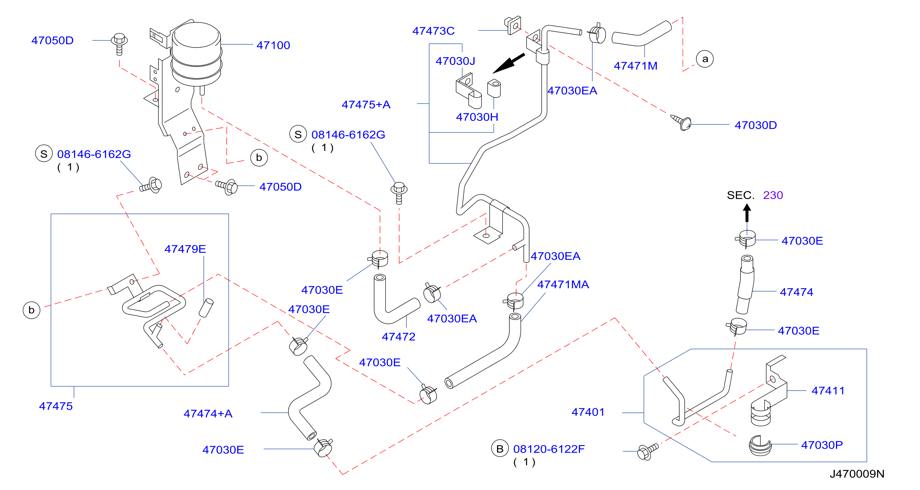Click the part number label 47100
tap(273, 45)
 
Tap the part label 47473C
tap(433, 31)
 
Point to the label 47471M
tap(635, 66)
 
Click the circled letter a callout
tap(705, 59)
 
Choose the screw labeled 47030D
tap(681, 122)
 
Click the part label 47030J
tap(455, 61)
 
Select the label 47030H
tap(477, 117)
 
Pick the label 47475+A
tap(366, 104)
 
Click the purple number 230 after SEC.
tap(773, 195)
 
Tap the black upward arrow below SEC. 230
tap(747, 213)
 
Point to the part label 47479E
tap(185, 249)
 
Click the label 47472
tap(398, 337)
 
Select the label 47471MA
tap(563, 285)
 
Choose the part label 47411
tap(828, 391)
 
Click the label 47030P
tap(822, 445)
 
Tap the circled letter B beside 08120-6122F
tap(500, 449)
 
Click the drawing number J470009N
tap(857, 474)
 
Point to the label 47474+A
tap(208, 414)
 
